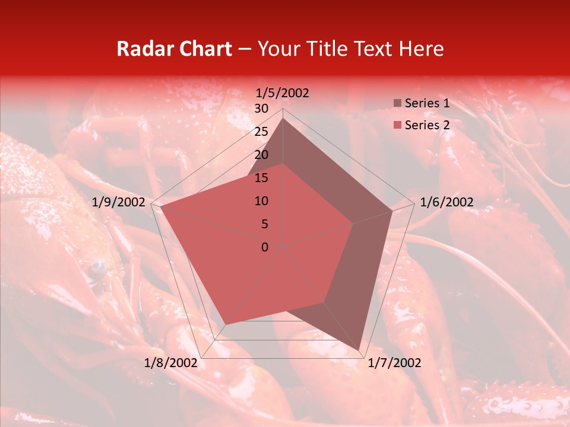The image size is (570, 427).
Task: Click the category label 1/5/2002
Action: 283,93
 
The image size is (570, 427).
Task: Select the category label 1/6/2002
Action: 446,202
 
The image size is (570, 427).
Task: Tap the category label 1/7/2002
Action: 394,363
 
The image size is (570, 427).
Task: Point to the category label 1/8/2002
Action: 171,363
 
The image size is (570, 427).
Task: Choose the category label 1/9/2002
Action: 119,202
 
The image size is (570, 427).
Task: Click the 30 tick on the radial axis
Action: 261,109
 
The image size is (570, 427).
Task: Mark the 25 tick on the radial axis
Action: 261,132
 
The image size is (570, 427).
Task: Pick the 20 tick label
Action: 261,155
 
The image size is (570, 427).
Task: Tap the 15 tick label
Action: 261,178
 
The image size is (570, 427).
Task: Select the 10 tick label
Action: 261,201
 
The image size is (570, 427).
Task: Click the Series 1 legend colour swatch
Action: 397,104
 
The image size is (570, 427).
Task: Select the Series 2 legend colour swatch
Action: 397,125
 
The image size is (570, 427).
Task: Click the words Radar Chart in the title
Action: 174,49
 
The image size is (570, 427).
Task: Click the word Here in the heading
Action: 422,49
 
